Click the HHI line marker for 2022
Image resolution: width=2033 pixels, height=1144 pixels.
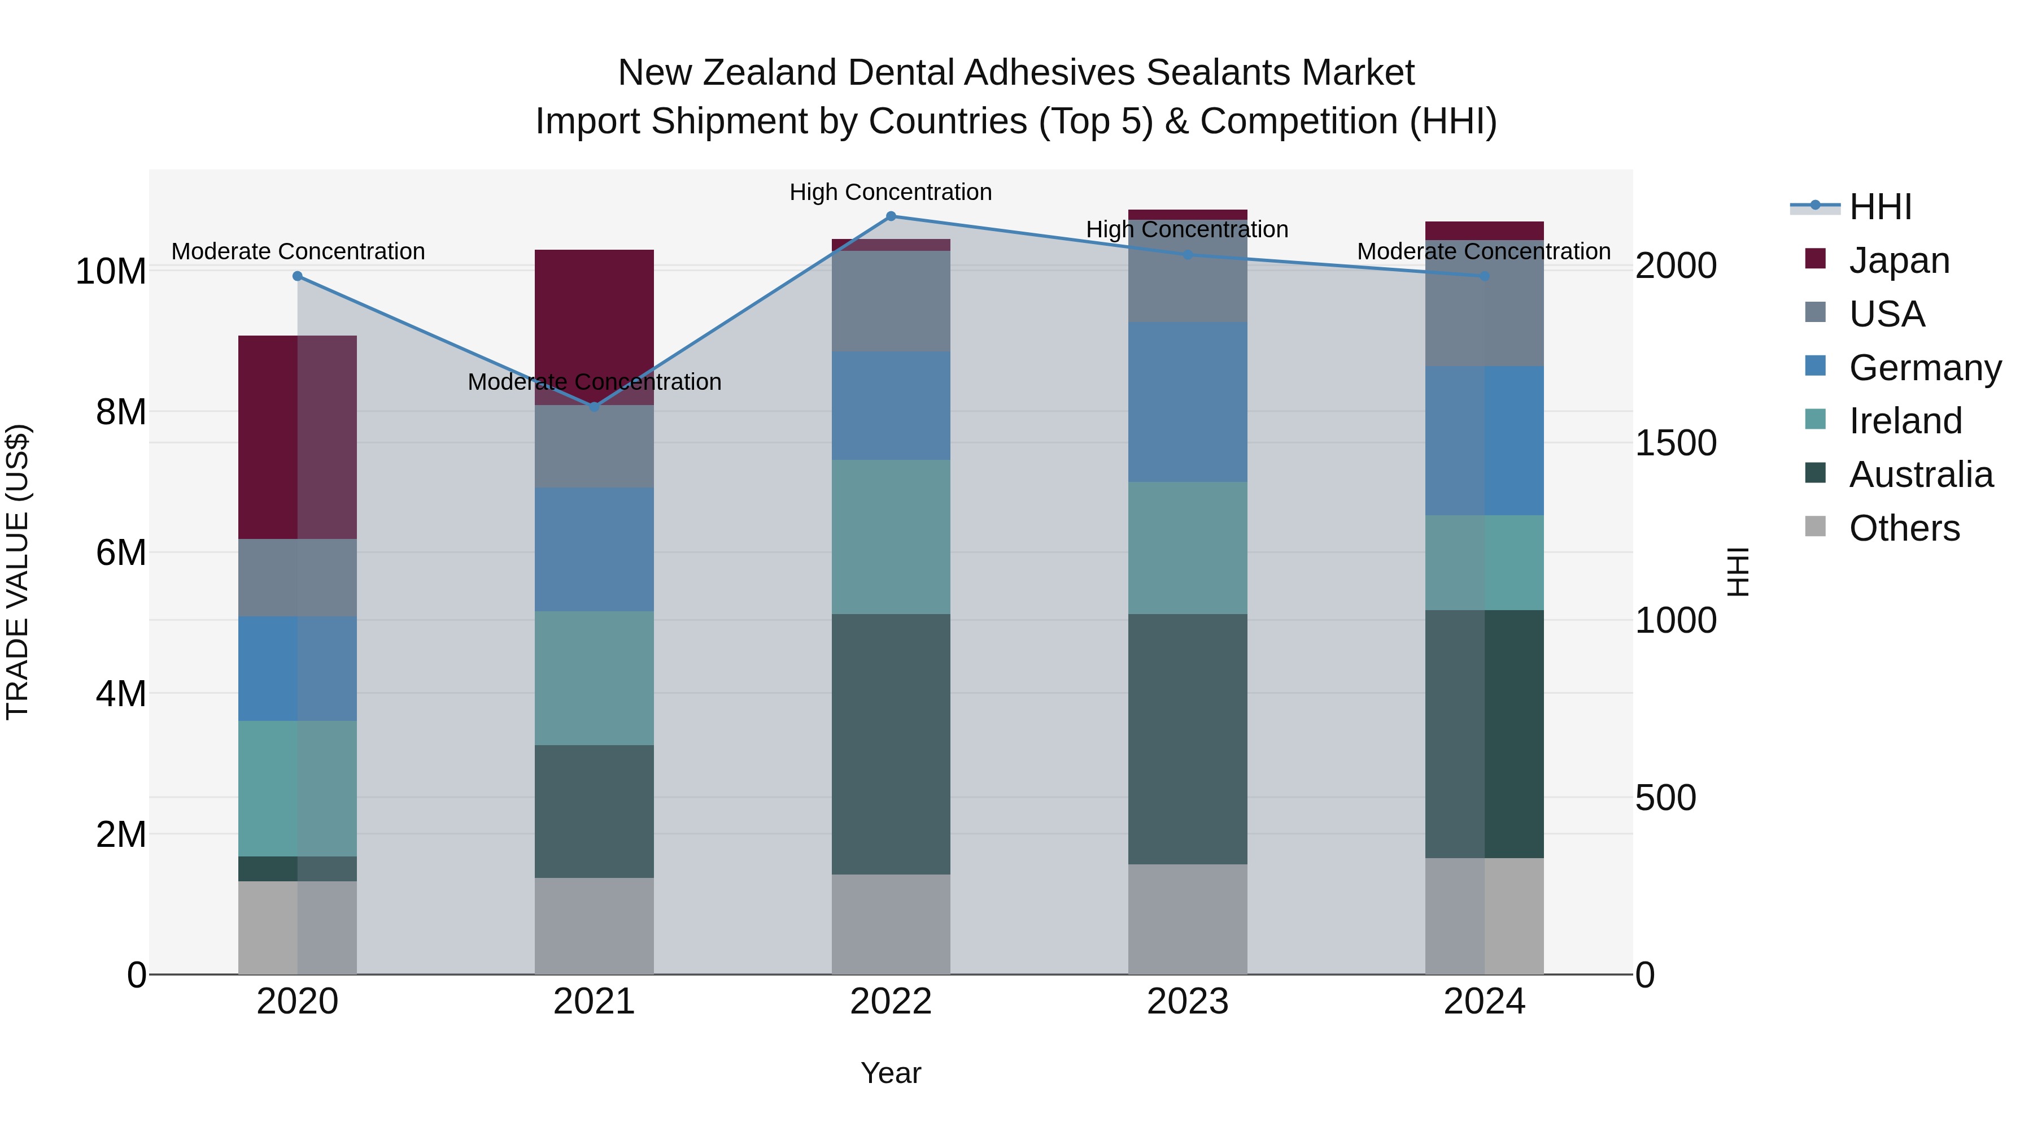click(891, 216)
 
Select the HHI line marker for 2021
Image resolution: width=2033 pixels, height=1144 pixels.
click(594, 407)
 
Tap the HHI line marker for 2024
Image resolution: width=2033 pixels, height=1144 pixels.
click(1485, 276)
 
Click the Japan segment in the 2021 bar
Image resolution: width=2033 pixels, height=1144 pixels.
click(594, 316)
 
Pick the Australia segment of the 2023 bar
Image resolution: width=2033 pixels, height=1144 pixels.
click(1188, 739)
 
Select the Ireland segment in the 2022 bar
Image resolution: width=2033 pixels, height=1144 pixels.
click(891, 537)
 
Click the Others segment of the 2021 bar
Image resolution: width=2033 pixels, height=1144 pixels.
click(594, 925)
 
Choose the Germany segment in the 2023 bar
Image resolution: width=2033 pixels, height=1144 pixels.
click(1188, 402)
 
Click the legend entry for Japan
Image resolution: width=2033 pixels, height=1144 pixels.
click(1898, 260)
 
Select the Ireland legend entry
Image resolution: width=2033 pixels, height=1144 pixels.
click(1904, 421)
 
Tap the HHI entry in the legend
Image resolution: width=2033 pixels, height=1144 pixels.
click(1880, 207)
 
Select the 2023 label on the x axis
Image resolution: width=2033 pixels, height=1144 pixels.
click(1188, 1002)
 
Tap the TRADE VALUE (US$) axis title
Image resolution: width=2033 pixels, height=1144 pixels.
click(18, 572)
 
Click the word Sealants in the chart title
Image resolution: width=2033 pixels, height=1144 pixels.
click(1219, 73)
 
